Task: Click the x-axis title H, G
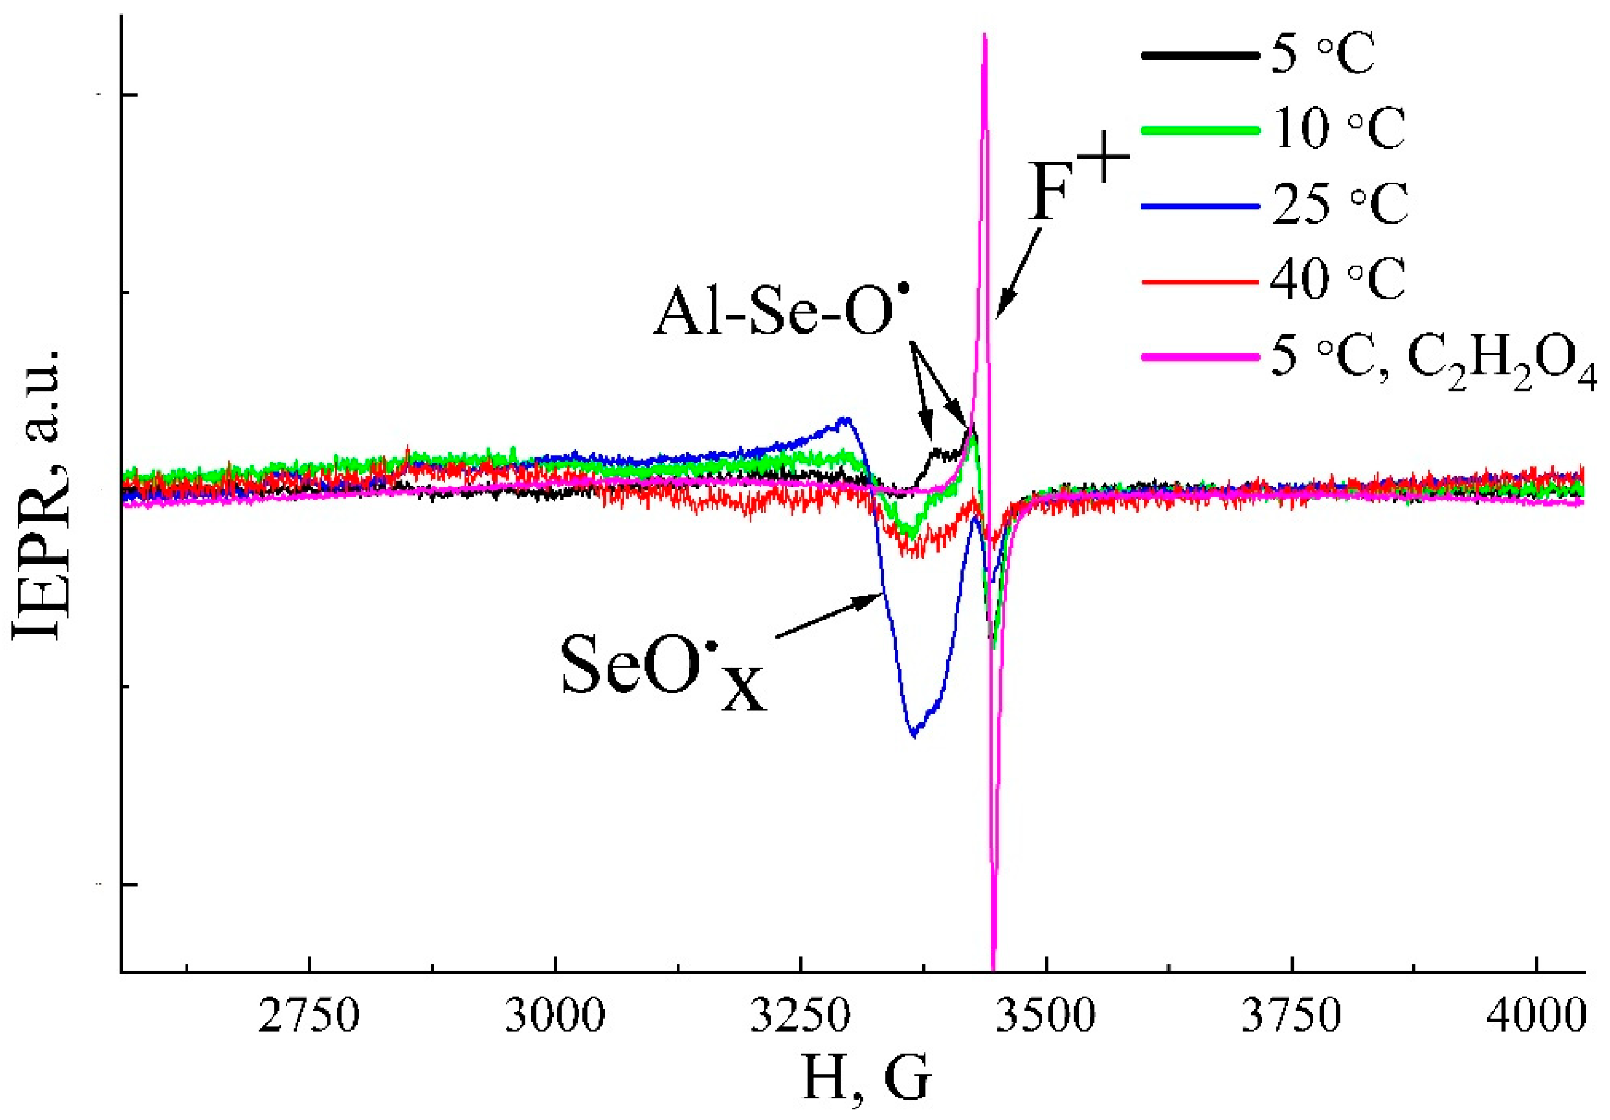[867, 1078]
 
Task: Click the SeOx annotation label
[662, 667]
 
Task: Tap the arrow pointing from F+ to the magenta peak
[1018, 273]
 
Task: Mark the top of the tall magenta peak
[984, 35]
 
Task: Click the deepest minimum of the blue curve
[914, 735]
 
